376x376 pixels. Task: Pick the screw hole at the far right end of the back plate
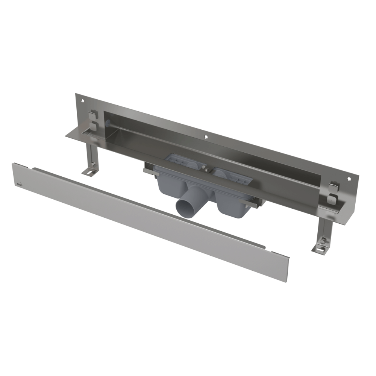pyautogui.click(x=349, y=180)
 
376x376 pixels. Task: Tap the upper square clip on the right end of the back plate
pyautogui.click(x=334, y=186)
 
